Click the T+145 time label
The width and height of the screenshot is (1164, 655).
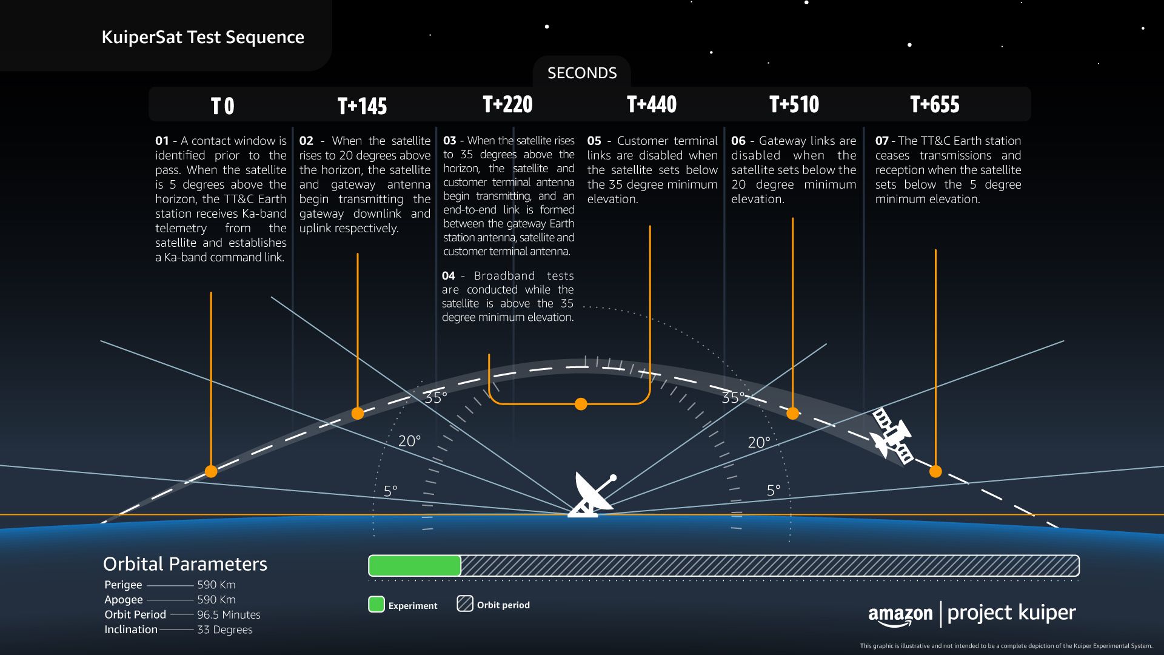(x=362, y=106)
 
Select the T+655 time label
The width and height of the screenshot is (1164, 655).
(x=934, y=104)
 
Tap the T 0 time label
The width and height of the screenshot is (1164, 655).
(x=222, y=107)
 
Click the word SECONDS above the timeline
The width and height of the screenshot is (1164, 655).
(x=581, y=73)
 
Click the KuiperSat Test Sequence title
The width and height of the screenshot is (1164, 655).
(x=202, y=37)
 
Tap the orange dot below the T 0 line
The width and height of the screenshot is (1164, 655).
(x=211, y=471)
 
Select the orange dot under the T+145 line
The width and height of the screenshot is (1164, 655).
(x=358, y=414)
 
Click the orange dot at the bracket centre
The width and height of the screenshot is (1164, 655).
(x=581, y=404)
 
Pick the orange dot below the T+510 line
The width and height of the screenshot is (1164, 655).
(x=792, y=414)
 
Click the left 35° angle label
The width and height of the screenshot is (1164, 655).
(x=435, y=398)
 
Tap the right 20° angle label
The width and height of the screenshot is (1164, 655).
(x=758, y=443)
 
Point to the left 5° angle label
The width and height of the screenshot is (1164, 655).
(x=390, y=491)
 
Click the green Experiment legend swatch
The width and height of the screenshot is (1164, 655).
(x=376, y=605)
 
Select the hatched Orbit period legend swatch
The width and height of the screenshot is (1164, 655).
(x=465, y=604)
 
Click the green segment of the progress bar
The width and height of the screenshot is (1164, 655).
(x=415, y=565)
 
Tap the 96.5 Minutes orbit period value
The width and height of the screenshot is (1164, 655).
(x=229, y=614)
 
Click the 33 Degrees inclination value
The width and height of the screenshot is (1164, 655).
(x=224, y=630)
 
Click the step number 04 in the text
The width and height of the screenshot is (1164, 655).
(x=449, y=276)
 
